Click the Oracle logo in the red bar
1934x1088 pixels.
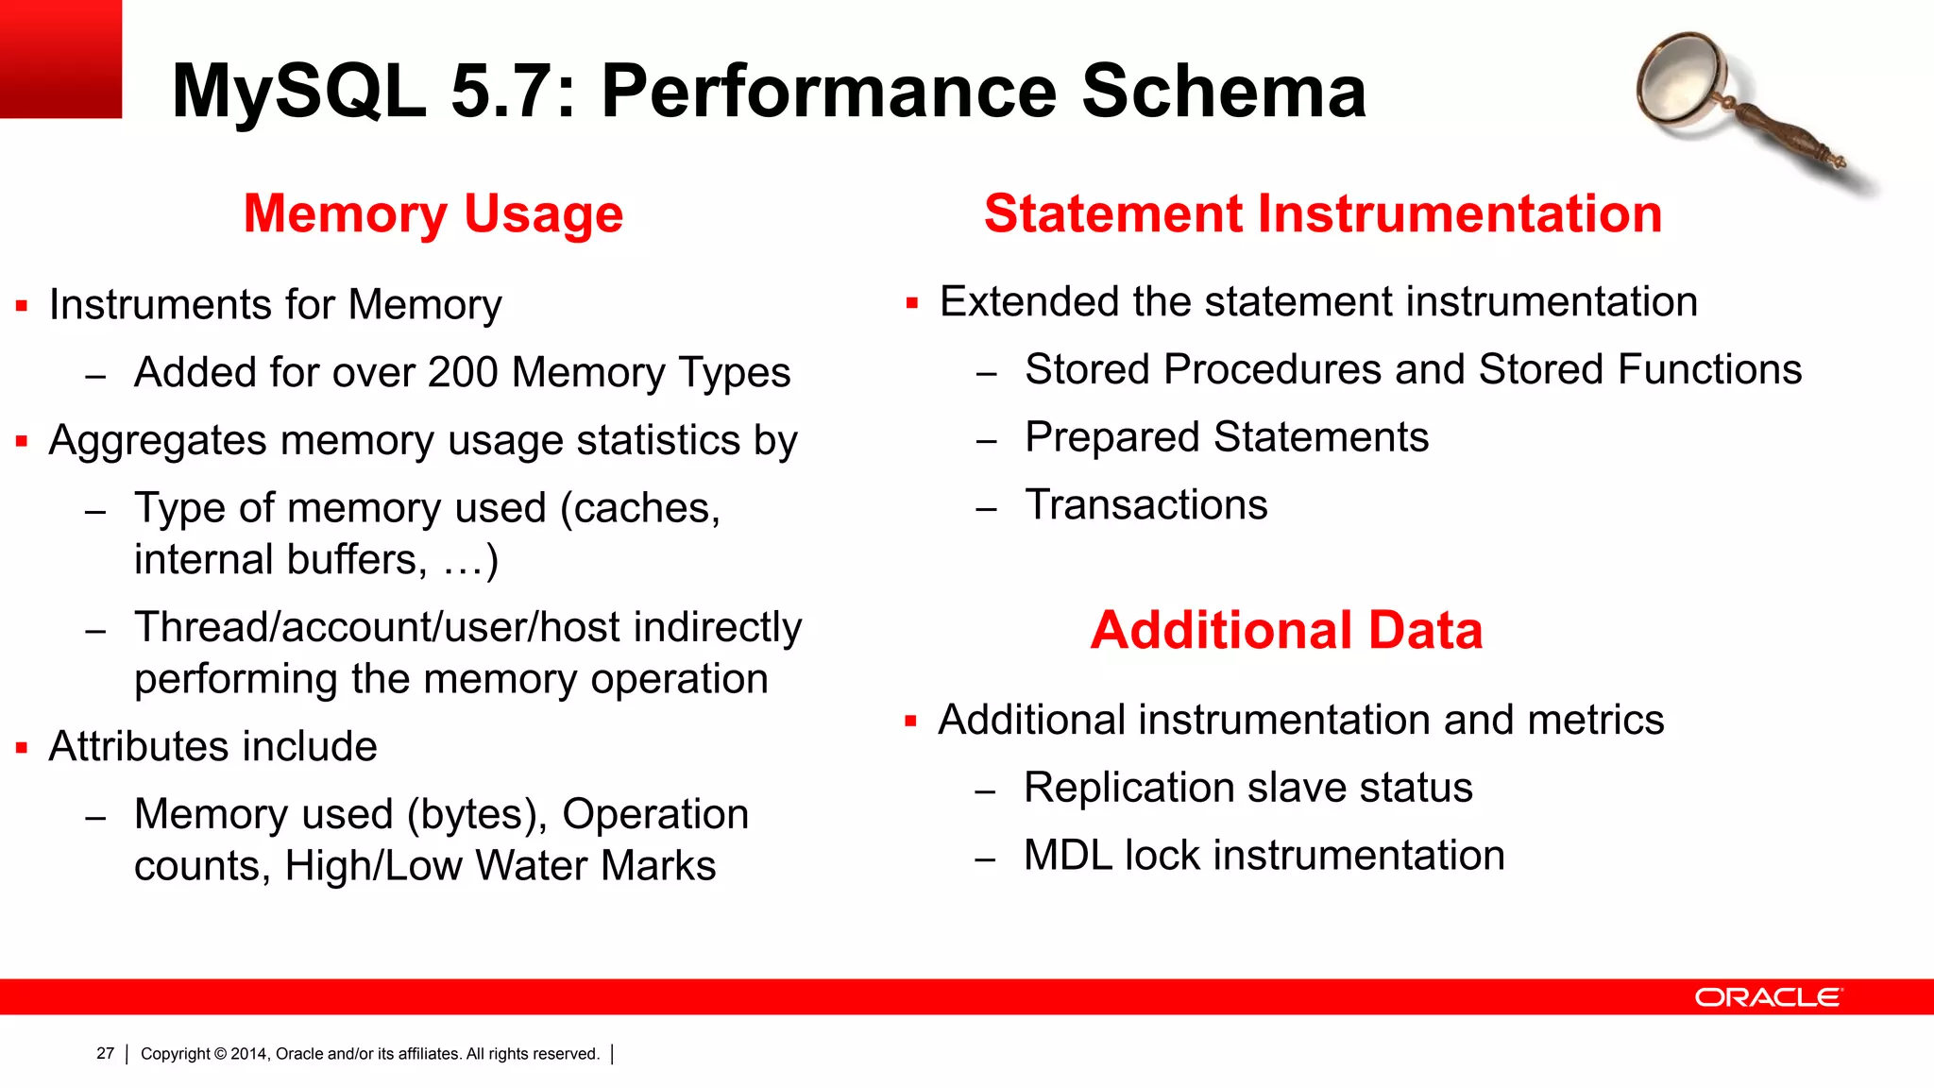coord(1767,997)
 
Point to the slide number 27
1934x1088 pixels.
coord(105,1053)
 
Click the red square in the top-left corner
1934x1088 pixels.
coord(60,59)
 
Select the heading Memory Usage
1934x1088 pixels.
coord(433,213)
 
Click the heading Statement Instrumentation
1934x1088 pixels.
coord(1322,213)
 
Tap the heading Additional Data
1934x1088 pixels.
coord(1286,630)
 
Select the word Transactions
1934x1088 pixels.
coord(1146,504)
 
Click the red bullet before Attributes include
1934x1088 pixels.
coord(22,748)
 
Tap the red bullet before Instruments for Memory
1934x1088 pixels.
coord(22,306)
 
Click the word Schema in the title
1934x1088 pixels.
coord(1223,91)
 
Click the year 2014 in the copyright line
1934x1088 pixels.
coord(249,1054)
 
